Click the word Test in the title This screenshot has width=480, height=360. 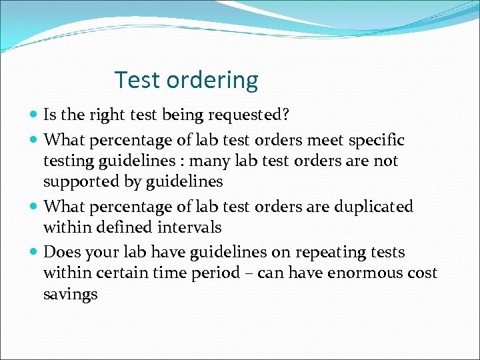(137, 80)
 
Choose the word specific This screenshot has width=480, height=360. (377, 141)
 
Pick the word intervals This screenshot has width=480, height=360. (189, 227)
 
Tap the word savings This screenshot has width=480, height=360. (70, 295)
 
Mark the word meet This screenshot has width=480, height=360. (314, 141)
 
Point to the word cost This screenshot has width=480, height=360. (423, 273)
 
